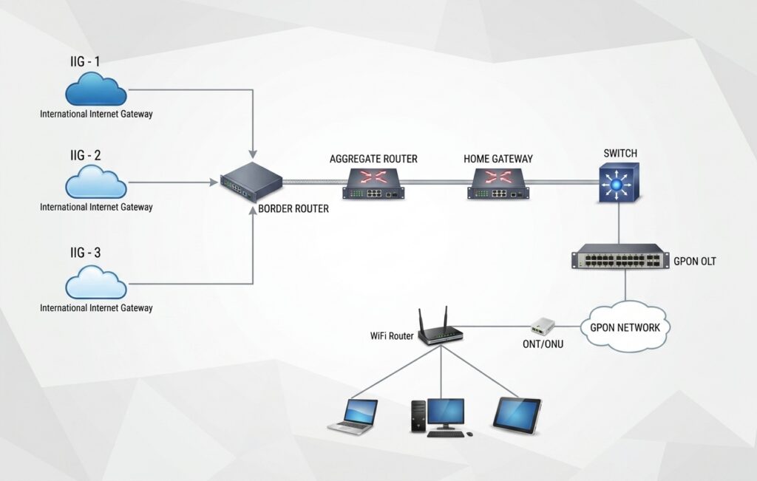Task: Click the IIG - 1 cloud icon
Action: [x=95, y=89]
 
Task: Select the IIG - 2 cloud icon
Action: [x=95, y=182]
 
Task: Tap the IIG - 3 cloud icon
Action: [x=95, y=282]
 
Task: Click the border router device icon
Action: [x=251, y=182]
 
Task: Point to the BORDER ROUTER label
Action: [x=293, y=209]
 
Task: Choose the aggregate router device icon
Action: [x=373, y=184]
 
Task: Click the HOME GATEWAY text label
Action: [x=498, y=159]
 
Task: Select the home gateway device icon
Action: [x=498, y=184]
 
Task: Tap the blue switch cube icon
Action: [x=619, y=182]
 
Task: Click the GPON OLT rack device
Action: [x=620, y=256]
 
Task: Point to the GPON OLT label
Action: [x=695, y=262]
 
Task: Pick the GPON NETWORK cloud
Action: [x=625, y=327]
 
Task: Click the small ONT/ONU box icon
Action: [x=543, y=326]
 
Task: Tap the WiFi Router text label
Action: [x=392, y=335]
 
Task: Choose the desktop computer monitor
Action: [x=446, y=414]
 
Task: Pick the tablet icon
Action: [x=517, y=415]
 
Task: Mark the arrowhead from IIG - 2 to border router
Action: [x=214, y=182]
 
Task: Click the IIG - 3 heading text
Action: [x=86, y=253]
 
